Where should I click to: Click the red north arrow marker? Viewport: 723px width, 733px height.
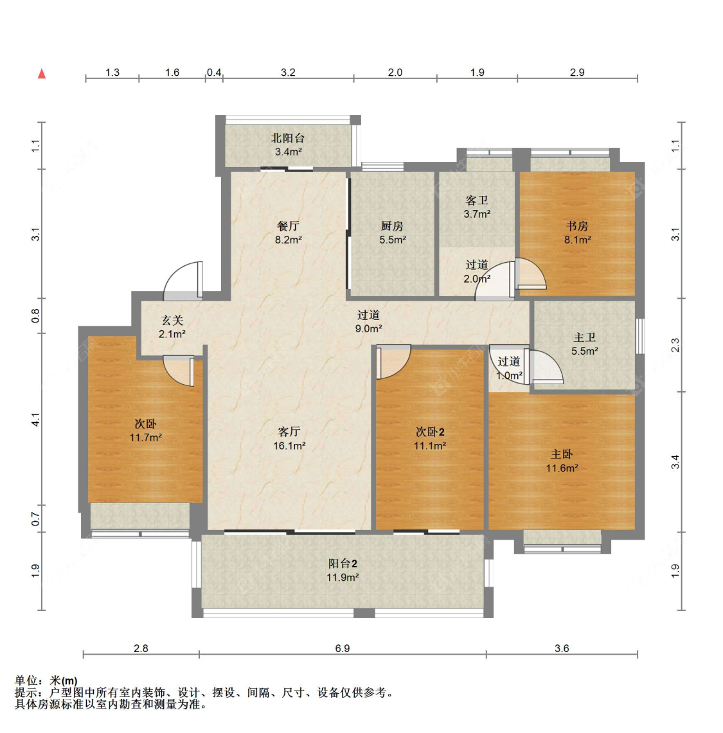click(x=42, y=73)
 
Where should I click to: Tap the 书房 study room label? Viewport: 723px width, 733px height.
click(x=577, y=226)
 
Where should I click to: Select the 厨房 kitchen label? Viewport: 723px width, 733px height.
click(x=392, y=226)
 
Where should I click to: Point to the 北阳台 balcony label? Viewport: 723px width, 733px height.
click(x=288, y=138)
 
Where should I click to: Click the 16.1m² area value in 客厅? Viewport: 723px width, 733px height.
click(x=289, y=445)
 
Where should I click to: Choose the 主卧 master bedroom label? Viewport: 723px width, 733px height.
click(x=562, y=454)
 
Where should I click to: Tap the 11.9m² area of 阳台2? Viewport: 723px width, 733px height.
click(x=343, y=578)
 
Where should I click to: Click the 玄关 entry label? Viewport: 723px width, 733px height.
click(x=172, y=320)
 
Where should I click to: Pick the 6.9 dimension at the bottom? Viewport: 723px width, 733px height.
click(x=343, y=648)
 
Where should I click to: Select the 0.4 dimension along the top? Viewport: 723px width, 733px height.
click(x=214, y=73)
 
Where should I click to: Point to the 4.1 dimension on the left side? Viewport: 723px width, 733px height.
click(x=35, y=419)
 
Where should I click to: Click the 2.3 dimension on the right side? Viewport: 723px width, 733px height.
click(x=675, y=345)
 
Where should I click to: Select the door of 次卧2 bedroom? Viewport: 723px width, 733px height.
click(x=393, y=362)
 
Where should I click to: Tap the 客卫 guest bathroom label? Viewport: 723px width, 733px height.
click(x=477, y=200)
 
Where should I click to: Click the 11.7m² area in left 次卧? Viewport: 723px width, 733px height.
click(x=146, y=437)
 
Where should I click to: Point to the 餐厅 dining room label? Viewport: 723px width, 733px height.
click(x=288, y=226)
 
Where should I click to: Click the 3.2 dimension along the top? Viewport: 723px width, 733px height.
click(x=288, y=73)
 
